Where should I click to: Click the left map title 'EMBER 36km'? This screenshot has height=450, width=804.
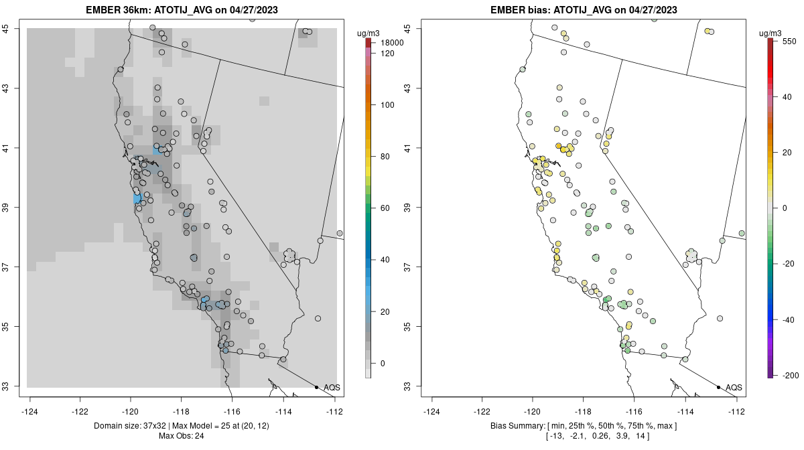click(115, 10)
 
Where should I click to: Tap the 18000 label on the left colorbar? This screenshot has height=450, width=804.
click(388, 43)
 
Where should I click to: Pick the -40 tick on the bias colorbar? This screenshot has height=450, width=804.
click(788, 319)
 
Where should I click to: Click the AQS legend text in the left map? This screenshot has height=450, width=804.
click(332, 387)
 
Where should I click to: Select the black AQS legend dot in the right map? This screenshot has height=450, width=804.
click(718, 387)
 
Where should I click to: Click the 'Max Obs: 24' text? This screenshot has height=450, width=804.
click(182, 436)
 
